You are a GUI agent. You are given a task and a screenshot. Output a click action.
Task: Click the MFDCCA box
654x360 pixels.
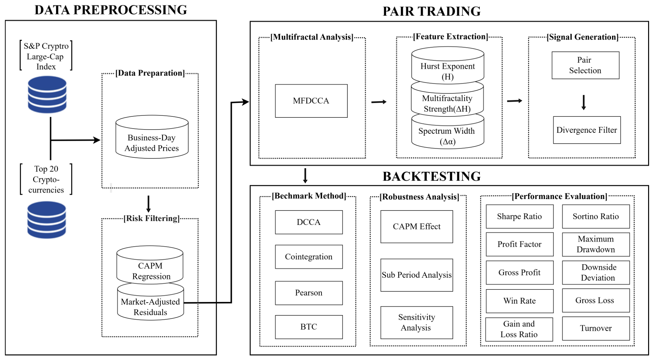[311, 101]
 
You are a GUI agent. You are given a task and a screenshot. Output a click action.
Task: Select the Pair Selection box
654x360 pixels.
[585, 65]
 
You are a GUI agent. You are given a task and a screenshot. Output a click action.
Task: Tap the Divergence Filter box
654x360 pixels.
[587, 130]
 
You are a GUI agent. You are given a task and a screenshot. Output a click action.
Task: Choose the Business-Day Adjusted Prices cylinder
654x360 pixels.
[152, 137]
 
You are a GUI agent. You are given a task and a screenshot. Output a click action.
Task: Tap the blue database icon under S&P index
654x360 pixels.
[47, 94]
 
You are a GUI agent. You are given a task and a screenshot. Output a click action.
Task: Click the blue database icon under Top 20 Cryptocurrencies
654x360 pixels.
[47, 220]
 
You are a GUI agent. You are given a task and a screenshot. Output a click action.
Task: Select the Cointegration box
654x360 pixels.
[309, 257]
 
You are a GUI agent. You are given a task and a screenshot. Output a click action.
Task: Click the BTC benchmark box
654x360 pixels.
[309, 327]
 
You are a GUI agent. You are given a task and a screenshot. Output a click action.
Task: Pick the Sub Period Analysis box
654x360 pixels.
[417, 275]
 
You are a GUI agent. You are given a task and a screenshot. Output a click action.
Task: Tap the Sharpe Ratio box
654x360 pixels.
[520, 216]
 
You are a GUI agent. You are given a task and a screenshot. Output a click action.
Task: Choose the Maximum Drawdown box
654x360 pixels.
[596, 244]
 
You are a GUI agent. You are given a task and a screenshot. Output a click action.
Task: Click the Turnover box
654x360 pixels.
[596, 329]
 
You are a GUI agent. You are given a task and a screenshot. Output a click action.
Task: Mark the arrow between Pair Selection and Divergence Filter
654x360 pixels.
[583, 103]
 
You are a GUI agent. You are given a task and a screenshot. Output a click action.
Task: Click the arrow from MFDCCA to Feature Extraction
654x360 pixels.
[379, 102]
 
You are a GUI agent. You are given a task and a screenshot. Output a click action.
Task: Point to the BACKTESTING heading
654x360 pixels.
[432, 176]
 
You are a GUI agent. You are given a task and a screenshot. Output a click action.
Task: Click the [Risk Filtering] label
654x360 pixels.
[152, 218]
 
